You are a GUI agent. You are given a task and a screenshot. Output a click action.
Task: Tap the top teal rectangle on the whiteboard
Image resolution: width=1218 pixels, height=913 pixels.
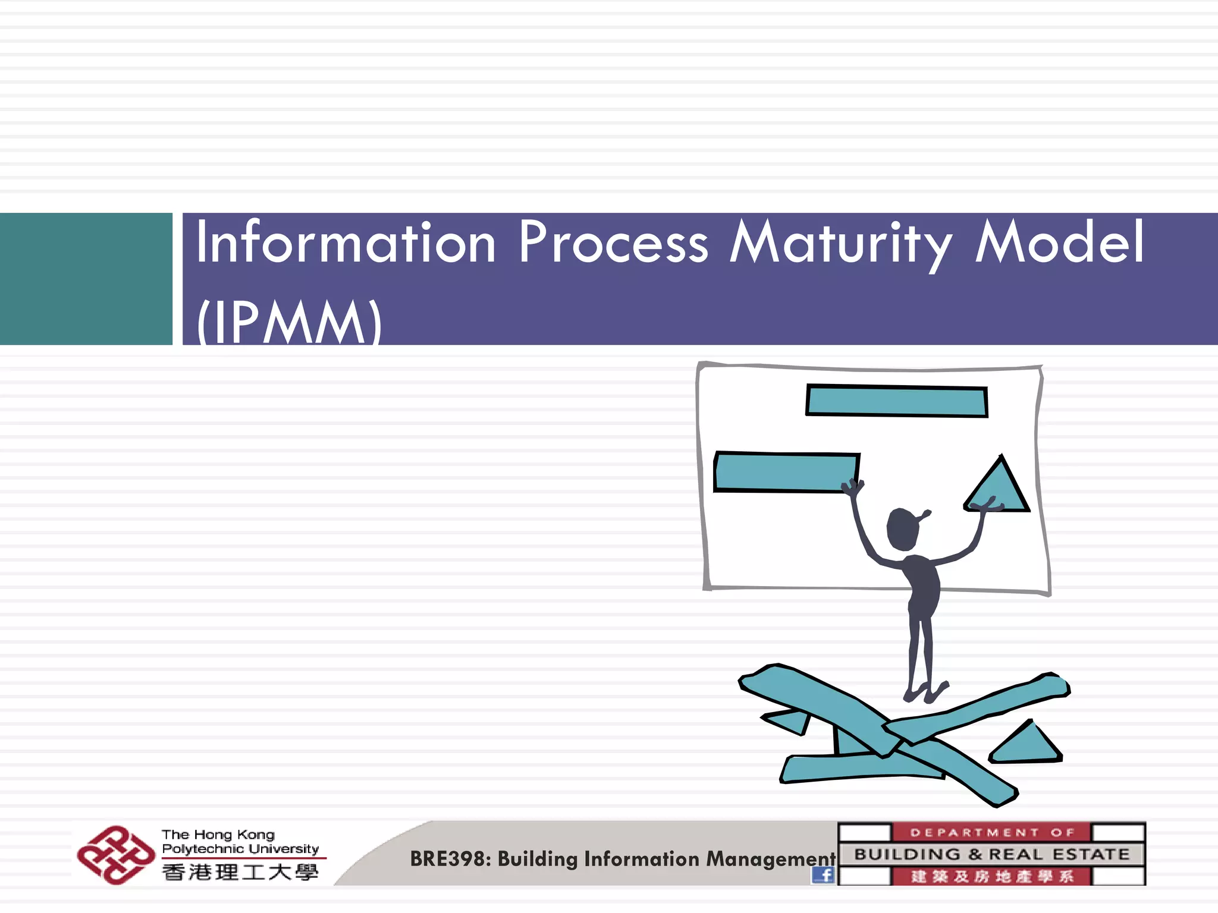[x=897, y=401]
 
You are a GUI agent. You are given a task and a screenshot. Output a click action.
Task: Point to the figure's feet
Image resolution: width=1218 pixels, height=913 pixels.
[x=925, y=692]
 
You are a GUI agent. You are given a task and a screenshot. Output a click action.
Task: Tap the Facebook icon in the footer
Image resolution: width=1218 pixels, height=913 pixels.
[x=823, y=874]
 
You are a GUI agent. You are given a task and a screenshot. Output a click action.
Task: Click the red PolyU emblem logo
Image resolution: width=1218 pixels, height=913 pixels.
[x=115, y=855]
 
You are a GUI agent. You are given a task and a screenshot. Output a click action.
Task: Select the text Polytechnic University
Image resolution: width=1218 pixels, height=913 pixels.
[x=240, y=849]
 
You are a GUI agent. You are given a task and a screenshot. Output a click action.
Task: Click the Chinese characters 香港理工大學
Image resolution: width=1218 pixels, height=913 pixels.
[x=240, y=873]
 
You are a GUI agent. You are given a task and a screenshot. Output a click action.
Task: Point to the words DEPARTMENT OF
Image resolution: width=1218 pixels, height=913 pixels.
[x=992, y=832]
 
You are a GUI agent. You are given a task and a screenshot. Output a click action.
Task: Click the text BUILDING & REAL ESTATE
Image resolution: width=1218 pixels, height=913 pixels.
[x=992, y=854]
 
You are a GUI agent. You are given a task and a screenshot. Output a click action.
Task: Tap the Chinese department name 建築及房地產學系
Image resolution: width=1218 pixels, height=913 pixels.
[x=992, y=876]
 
